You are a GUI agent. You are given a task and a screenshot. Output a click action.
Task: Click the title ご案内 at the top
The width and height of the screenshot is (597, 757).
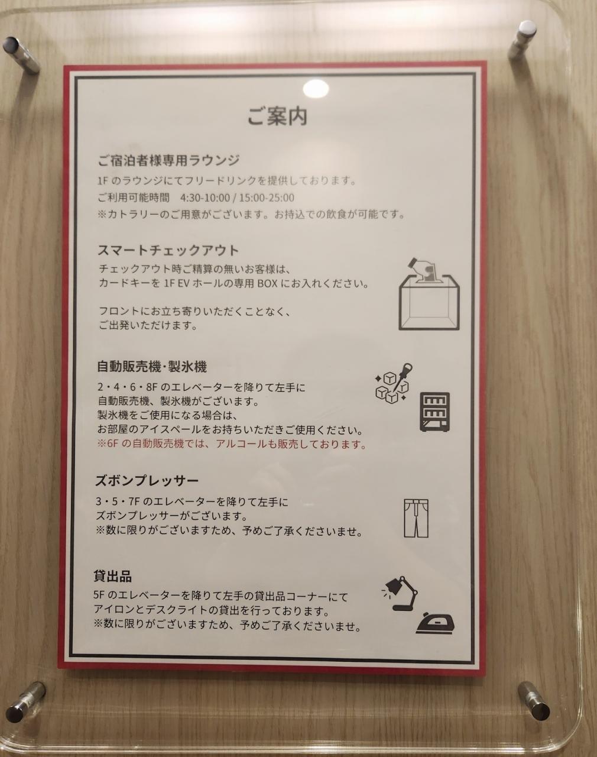[x=277, y=117]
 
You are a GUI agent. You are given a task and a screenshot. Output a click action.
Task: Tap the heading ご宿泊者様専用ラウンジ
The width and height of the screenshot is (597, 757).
[x=168, y=161]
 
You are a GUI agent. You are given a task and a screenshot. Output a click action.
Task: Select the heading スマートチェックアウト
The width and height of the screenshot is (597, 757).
[x=168, y=250]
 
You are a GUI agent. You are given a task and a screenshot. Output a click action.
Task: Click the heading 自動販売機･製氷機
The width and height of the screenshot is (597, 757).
[x=152, y=367]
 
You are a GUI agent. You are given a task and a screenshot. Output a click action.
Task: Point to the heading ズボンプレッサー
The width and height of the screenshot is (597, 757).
[x=147, y=481]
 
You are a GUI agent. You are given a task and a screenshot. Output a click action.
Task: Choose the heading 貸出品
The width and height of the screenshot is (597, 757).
[x=112, y=576]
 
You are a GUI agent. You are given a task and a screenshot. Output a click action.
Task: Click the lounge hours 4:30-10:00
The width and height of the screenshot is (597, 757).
[x=205, y=198]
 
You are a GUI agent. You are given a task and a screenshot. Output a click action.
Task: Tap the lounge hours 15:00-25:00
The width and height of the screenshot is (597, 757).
[x=267, y=198]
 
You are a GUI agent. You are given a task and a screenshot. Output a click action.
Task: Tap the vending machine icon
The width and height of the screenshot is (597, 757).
[x=435, y=412]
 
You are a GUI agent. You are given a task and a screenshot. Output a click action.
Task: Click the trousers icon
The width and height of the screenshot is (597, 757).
[x=416, y=518]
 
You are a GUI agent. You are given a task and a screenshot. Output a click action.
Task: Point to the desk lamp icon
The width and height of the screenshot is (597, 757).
[x=400, y=593]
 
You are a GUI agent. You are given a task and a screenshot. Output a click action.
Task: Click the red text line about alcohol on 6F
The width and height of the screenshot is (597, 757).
[x=232, y=444]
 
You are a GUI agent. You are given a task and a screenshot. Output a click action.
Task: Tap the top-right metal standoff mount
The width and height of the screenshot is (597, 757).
[x=523, y=40]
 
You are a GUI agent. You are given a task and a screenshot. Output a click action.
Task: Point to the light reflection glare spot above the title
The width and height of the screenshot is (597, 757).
[x=316, y=88]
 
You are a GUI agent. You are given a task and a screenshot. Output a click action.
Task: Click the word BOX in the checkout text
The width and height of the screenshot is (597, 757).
[x=268, y=283]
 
